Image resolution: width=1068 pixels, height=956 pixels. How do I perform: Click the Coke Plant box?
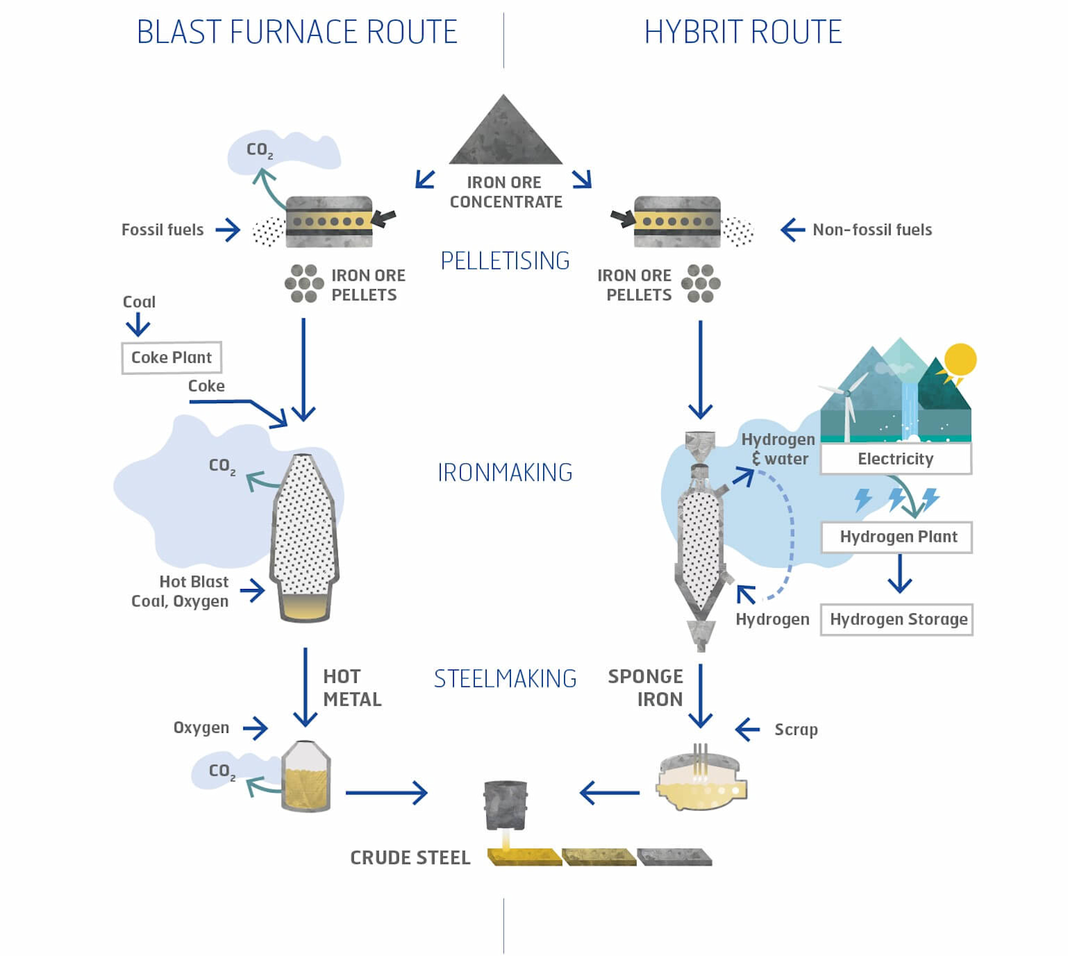click(172, 357)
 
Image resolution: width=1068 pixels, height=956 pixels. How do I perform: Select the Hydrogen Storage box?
click(897, 619)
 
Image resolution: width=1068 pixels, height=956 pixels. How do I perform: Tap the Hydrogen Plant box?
click(897, 537)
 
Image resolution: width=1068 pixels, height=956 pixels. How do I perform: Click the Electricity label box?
click(896, 459)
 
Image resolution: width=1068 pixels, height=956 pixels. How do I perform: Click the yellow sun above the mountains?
click(960, 360)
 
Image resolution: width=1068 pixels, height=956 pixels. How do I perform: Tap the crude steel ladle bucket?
click(505, 804)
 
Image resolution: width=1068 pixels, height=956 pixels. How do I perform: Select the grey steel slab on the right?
click(674, 857)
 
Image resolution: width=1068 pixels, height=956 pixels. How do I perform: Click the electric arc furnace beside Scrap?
click(701, 782)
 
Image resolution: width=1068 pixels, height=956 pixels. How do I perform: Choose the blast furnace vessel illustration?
click(305, 535)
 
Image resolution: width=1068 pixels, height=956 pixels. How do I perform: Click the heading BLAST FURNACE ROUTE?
click(297, 32)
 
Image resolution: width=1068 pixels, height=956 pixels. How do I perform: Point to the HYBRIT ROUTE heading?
click(743, 32)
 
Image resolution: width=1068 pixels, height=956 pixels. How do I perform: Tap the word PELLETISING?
click(505, 261)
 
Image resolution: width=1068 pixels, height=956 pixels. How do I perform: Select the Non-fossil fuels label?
click(872, 229)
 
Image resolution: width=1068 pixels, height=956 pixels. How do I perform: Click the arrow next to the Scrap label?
click(747, 729)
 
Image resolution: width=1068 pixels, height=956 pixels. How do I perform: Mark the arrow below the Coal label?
click(138, 324)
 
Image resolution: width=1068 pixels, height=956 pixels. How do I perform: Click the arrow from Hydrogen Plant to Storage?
click(900, 574)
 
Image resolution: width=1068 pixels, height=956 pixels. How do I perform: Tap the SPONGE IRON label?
click(646, 688)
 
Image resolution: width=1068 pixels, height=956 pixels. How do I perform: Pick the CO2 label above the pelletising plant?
click(259, 150)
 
